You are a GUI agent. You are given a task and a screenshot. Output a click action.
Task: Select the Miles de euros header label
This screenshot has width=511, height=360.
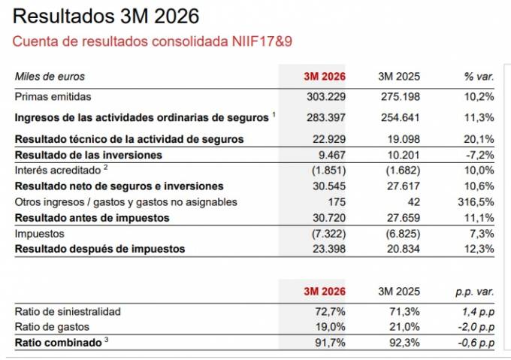[50, 76]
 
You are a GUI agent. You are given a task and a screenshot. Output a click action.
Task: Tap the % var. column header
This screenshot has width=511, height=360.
[479, 76]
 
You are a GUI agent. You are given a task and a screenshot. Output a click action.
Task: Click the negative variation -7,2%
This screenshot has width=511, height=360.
[479, 155]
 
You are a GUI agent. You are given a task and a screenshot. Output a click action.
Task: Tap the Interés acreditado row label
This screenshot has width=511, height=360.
[62, 171]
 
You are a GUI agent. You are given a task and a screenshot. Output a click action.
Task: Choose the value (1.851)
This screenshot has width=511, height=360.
[328, 171]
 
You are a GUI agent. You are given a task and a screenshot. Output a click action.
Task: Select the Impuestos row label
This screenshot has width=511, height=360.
[40, 234]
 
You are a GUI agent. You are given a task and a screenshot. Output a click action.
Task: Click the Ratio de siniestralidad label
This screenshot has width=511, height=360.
[68, 311]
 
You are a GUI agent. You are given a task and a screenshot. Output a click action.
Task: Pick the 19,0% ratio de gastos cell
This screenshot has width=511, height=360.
[331, 326]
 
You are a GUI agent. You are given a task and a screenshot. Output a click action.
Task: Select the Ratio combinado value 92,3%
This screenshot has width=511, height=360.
[405, 343]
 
